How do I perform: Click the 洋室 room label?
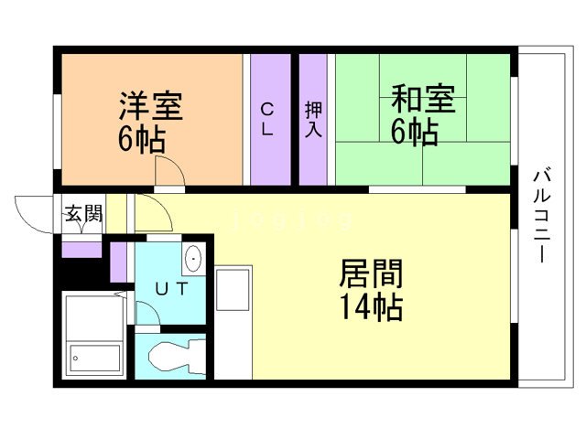[x=151, y=106]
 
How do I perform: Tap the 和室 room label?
[x=423, y=99]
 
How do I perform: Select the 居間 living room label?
[x=371, y=273]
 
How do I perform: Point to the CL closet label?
[x=267, y=119]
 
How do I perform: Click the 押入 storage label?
[x=313, y=119]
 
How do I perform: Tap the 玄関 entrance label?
[x=83, y=214]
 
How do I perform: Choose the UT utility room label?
[x=171, y=289]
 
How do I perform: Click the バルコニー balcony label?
[x=542, y=217]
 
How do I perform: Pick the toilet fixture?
[x=177, y=357]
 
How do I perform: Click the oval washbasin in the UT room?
[x=193, y=258]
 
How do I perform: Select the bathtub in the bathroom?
[x=95, y=334]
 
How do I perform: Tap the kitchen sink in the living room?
[x=233, y=290]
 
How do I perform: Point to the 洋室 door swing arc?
[x=176, y=164]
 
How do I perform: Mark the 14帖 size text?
[x=371, y=307]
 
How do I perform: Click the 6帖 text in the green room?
[x=415, y=132]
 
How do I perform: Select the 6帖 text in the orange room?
[x=142, y=139]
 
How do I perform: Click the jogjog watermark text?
[x=292, y=219]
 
